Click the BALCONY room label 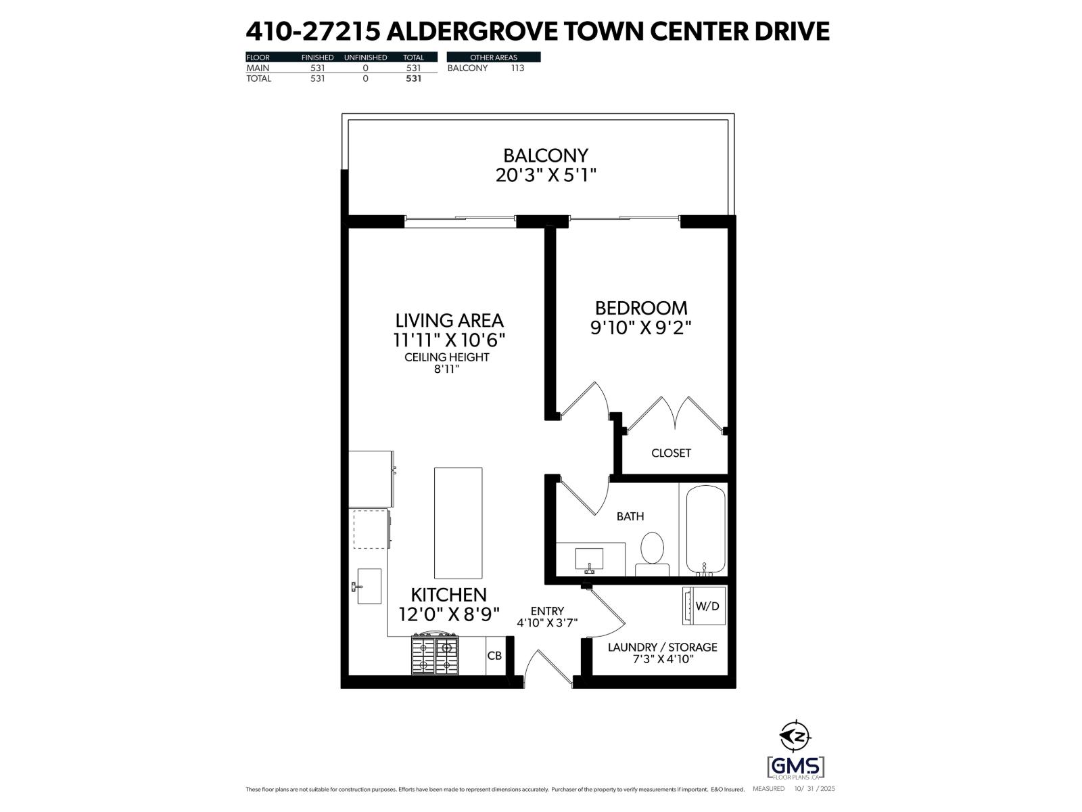coord(546,156)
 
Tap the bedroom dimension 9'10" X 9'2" coord(640,328)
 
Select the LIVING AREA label coord(449,320)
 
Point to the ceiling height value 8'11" coord(446,369)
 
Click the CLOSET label coord(671,453)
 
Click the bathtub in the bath coord(706,531)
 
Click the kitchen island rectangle coord(458,522)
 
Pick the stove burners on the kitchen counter coord(434,654)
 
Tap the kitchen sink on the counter coord(369,586)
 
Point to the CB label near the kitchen coord(494,656)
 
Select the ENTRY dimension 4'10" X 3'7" coord(547,623)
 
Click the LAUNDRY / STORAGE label coord(662,647)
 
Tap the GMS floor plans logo coord(796,767)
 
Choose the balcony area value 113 coord(517,68)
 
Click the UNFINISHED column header coord(365,58)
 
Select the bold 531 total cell coord(413,78)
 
